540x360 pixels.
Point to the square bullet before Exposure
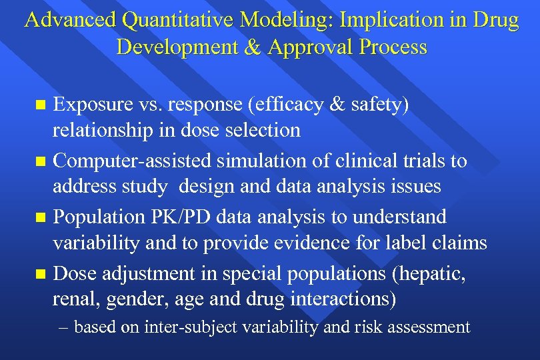pyautogui.click(x=41, y=105)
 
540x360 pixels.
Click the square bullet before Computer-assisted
pyautogui.click(x=41, y=161)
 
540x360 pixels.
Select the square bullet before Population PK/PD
pyautogui.click(x=41, y=217)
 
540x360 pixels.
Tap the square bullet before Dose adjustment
pyautogui.click(x=41, y=273)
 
